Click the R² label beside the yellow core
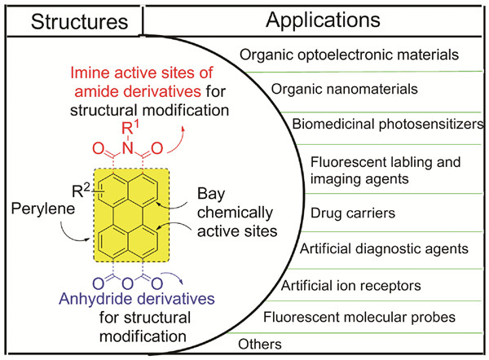click(x=81, y=192)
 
